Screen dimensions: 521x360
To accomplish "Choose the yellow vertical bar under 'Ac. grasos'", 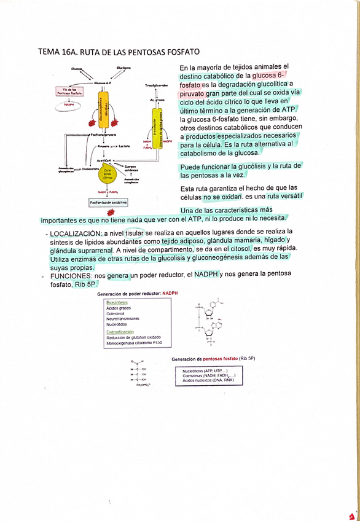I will pyautogui.click(x=158, y=125).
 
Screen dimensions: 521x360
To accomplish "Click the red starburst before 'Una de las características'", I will pyautogui.click(x=111, y=212).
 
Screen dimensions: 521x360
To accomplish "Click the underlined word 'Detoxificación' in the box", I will pyautogui.click(x=120, y=332).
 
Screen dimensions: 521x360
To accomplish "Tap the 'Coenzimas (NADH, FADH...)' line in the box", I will pyautogui.click(x=209, y=375).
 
